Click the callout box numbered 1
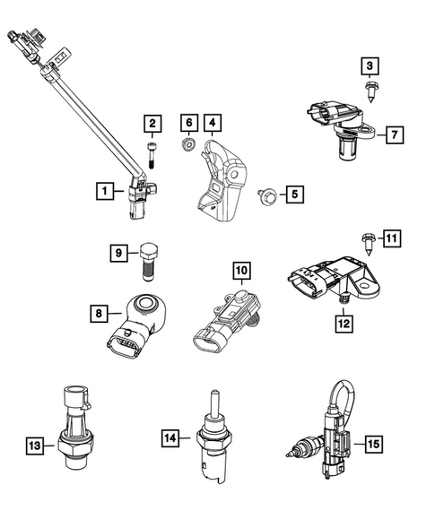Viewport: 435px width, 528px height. click(x=106, y=190)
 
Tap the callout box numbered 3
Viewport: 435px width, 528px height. click(x=370, y=65)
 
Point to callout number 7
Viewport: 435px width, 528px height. click(x=393, y=135)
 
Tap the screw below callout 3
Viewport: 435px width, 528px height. click(x=370, y=89)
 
